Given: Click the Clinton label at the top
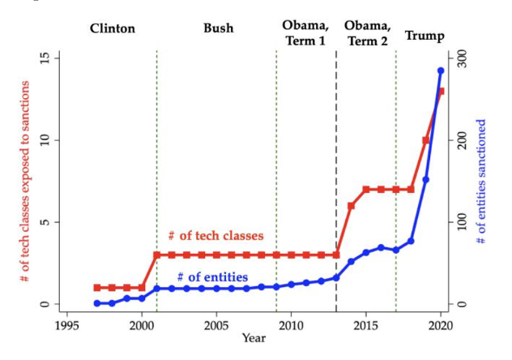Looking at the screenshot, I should click(113, 29).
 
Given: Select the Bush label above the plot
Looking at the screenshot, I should click(218, 28).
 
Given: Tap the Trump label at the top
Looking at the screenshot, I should click(425, 36).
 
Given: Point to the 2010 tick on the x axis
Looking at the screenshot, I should click(291, 326).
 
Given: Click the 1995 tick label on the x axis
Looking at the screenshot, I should click(67, 326).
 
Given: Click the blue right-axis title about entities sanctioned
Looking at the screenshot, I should click(481, 182).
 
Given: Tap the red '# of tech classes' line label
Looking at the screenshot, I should click(215, 236).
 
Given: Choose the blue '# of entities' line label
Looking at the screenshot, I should click(212, 277).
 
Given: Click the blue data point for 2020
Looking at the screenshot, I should click(441, 71).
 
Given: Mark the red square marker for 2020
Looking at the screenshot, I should click(441, 92).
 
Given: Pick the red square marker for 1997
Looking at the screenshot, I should click(97, 288).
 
